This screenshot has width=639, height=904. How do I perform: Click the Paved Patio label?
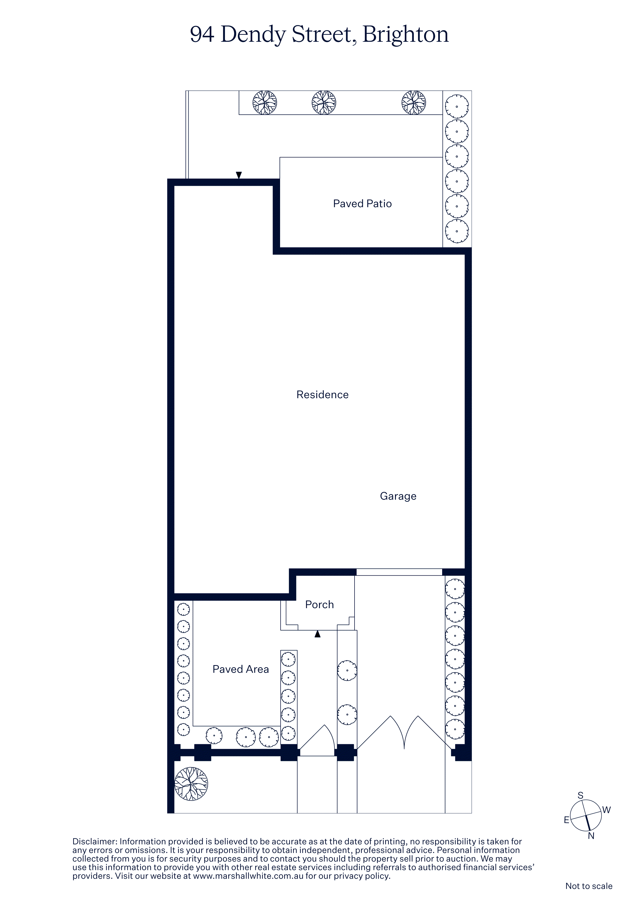pyautogui.click(x=362, y=204)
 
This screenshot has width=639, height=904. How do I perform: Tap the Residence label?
pyautogui.click(x=322, y=395)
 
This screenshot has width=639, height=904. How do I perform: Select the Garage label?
pyautogui.click(x=398, y=496)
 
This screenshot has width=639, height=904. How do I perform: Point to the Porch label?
pyautogui.click(x=319, y=604)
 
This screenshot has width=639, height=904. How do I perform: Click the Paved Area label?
pyautogui.click(x=241, y=669)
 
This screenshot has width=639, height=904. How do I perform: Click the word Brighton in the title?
pyautogui.click(x=406, y=35)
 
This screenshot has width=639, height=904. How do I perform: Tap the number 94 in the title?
pyautogui.click(x=202, y=34)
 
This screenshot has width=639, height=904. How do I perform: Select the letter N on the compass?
pyautogui.click(x=591, y=835)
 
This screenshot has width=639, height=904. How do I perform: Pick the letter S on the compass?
pyautogui.click(x=580, y=795)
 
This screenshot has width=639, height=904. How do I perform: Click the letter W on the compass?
pyautogui.click(x=606, y=810)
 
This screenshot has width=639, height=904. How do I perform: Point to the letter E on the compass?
pyautogui.click(x=567, y=820)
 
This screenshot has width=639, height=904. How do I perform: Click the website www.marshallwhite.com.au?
pyautogui.click(x=248, y=876)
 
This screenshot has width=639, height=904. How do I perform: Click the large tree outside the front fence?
pyautogui.click(x=191, y=784)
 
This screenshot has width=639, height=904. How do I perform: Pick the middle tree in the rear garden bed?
pyautogui.click(x=324, y=103)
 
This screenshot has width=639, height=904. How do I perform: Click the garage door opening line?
pyautogui.click(x=399, y=572)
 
